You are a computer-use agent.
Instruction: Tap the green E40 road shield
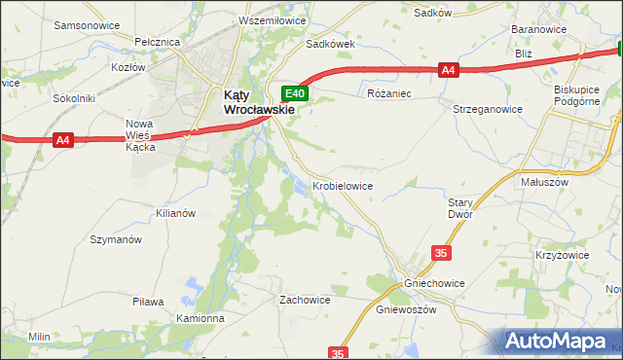296,94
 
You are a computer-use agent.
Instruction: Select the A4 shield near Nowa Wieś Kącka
63,141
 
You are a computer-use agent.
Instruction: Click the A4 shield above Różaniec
448,70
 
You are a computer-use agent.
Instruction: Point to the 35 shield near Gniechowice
442,253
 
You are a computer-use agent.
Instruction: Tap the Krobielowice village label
343,185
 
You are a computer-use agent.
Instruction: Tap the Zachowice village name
305,300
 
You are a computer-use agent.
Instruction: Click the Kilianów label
176,212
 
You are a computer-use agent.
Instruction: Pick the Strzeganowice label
488,110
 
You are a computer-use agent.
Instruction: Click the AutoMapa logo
559,342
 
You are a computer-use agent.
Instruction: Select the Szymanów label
116,239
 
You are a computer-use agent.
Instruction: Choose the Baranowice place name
539,30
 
